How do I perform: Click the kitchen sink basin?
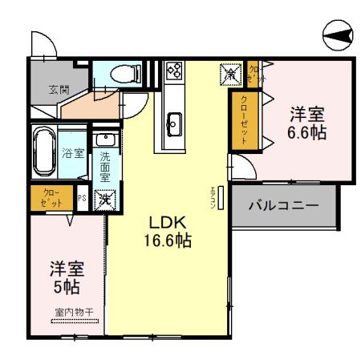point(174,123)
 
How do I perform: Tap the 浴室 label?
point(74,152)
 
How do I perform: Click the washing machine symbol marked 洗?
point(104,199)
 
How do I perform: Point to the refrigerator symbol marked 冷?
point(229,75)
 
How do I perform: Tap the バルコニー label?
point(283,204)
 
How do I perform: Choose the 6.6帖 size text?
point(307,132)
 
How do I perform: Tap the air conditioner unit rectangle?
point(220,196)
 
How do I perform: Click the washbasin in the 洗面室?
point(104,141)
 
